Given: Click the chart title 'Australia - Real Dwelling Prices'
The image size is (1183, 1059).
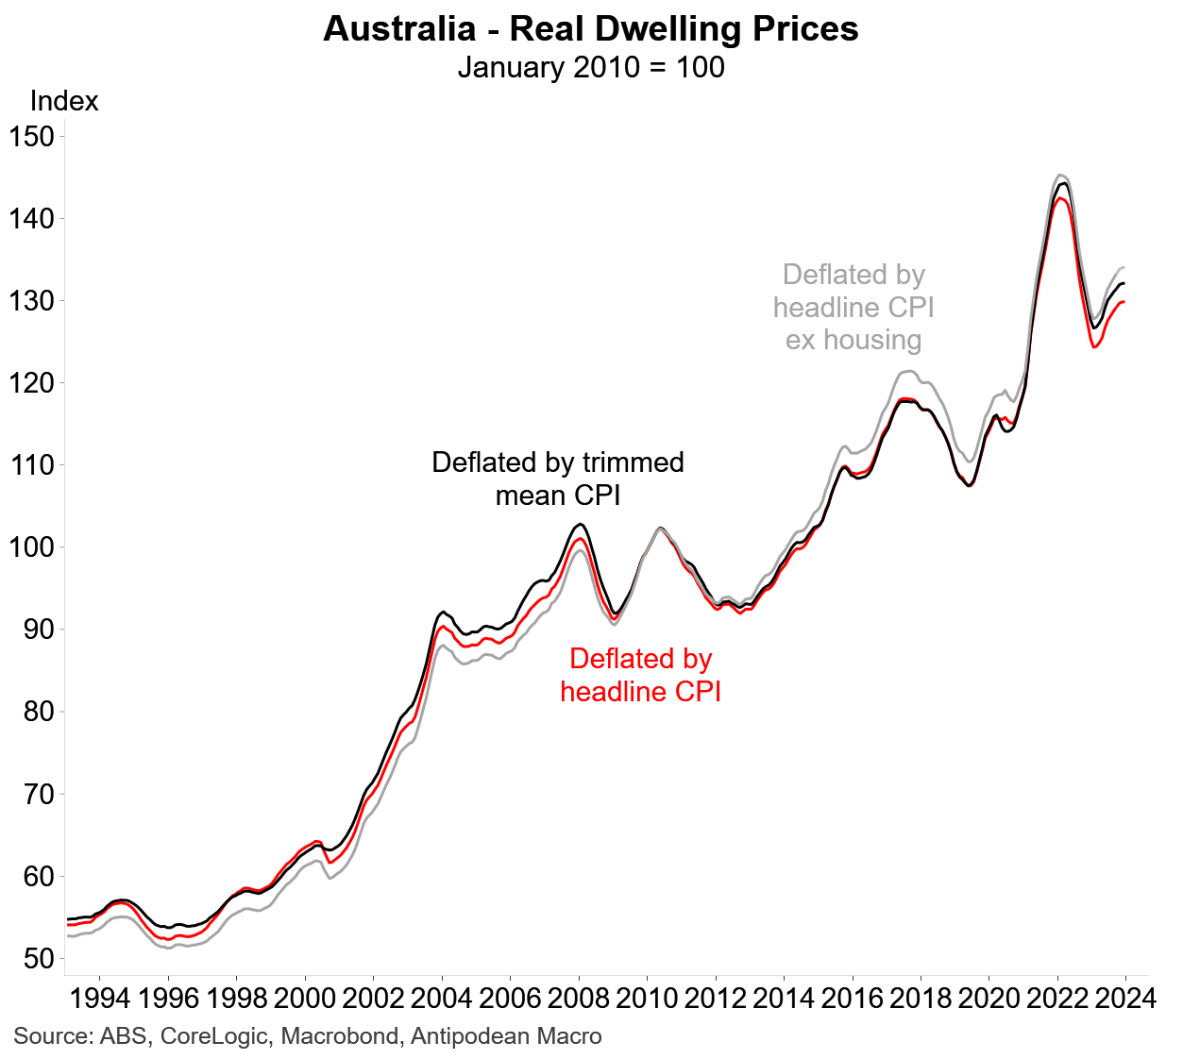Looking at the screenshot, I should click(591, 29).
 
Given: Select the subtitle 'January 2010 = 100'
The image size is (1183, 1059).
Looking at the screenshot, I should click(591, 68).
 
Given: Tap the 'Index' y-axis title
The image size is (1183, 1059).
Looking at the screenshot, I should click(64, 101).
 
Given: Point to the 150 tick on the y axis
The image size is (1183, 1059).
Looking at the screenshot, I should click(31, 136).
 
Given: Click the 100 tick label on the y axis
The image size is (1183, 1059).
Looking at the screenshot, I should click(31, 547).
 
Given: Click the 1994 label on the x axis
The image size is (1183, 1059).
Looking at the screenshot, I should click(100, 999).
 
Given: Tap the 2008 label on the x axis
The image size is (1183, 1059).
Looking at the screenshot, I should click(579, 999).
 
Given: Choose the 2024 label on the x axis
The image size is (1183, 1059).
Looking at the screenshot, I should click(1124, 999).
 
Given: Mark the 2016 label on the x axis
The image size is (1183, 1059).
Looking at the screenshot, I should click(852, 999).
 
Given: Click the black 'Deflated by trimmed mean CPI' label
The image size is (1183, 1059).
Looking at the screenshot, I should click(558, 479).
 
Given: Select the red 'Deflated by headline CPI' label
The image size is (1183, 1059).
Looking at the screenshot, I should click(640, 675).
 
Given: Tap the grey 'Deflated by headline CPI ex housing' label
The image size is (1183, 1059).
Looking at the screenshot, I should click(853, 307).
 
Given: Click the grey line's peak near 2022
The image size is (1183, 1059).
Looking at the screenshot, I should click(1060, 175).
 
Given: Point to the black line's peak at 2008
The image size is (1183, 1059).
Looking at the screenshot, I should click(580, 524).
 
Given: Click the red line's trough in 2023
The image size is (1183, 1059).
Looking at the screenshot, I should click(1094, 347).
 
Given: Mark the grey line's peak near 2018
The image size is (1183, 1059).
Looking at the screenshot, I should click(906, 371).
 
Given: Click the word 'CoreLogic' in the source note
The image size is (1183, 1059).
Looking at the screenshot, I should click(216, 1036).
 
